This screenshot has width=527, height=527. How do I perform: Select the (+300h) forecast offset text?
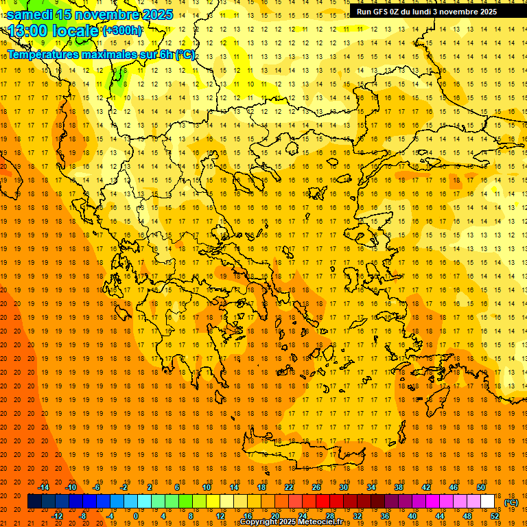122,31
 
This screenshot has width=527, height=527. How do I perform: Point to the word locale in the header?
75,31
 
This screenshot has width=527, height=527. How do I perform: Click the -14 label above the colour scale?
44,487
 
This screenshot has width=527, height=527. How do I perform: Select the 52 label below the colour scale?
495,516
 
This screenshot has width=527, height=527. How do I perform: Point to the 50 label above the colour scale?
481,487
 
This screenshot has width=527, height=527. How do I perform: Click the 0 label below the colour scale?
136,516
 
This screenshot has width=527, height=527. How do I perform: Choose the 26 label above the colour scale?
316,487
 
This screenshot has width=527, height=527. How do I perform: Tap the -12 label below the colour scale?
58,516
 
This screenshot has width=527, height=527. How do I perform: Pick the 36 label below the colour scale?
385,516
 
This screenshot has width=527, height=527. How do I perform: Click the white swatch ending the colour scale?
488,502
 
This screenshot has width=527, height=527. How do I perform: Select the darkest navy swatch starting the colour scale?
34,502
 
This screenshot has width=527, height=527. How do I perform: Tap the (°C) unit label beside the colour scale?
511,502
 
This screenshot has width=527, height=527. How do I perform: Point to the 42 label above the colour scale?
426,487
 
